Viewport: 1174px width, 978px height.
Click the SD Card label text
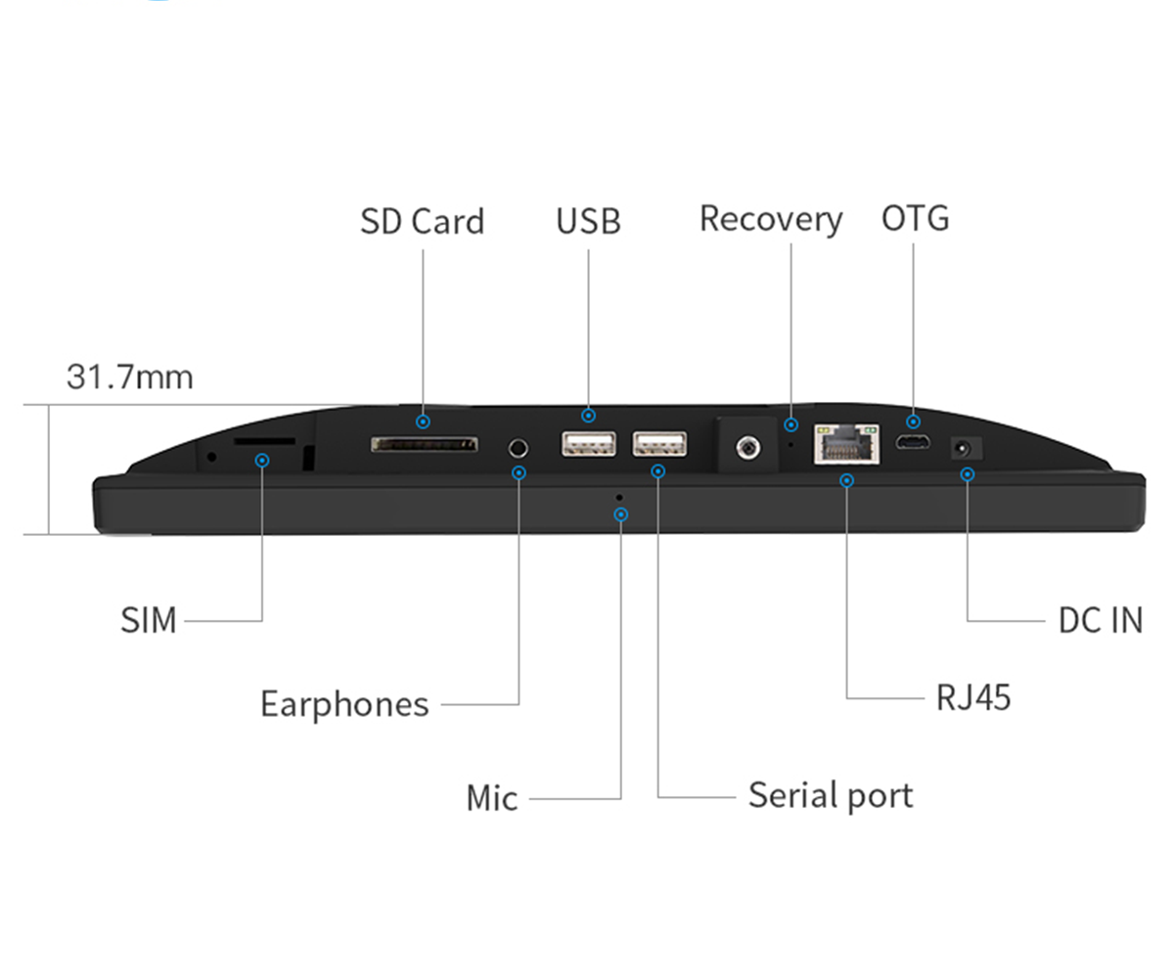[422, 221]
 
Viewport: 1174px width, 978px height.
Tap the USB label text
[588, 221]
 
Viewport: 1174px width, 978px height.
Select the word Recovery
[770, 219]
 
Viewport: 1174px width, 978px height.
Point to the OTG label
[915, 218]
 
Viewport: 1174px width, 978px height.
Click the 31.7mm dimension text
[129, 377]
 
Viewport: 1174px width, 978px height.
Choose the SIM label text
[149, 620]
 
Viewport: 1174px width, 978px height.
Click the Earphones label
[344, 704]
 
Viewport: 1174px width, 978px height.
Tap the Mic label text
[492, 798]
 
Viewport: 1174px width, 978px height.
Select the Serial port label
[831, 795]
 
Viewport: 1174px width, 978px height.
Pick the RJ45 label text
[973, 698]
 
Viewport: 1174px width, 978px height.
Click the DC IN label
[1101, 620]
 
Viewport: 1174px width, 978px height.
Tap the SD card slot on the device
[425, 445]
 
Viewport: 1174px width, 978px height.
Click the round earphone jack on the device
[519, 448]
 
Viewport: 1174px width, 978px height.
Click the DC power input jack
[964, 448]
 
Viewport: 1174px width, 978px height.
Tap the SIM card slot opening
[264, 441]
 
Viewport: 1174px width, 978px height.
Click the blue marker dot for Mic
[620, 514]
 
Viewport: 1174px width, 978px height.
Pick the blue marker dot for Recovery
[791, 424]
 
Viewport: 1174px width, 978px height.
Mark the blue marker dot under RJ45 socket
[847, 480]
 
